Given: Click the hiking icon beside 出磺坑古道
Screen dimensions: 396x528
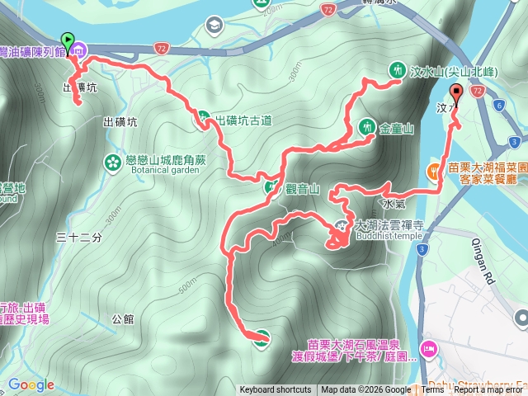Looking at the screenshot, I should click(202, 120).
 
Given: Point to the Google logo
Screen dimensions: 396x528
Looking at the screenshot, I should click(31, 384).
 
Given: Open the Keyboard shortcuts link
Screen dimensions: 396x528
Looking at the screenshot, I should click(276, 390).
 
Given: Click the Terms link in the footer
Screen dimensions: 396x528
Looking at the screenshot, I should click(432, 390).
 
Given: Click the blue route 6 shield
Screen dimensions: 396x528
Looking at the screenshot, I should click(501, 106).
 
